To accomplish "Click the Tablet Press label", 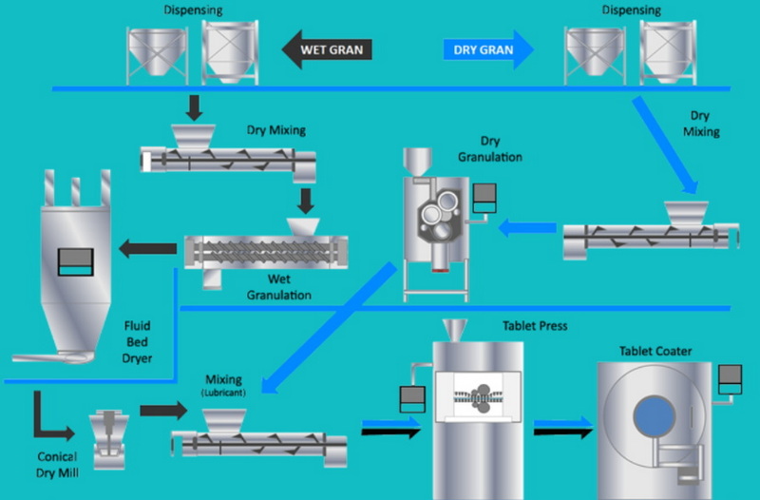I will pyautogui.click(x=535, y=326).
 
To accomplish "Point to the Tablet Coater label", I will pyautogui.click(x=655, y=351).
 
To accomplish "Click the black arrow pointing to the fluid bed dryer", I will pyautogui.click(x=146, y=249).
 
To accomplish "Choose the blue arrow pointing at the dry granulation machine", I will pyautogui.click(x=527, y=227).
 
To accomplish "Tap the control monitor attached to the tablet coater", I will pyautogui.click(x=730, y=379).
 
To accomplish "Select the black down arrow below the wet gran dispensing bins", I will pyautogui.click(x=193, y=106).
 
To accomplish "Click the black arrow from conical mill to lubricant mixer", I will pyautogui.click(x=164, y=410).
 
